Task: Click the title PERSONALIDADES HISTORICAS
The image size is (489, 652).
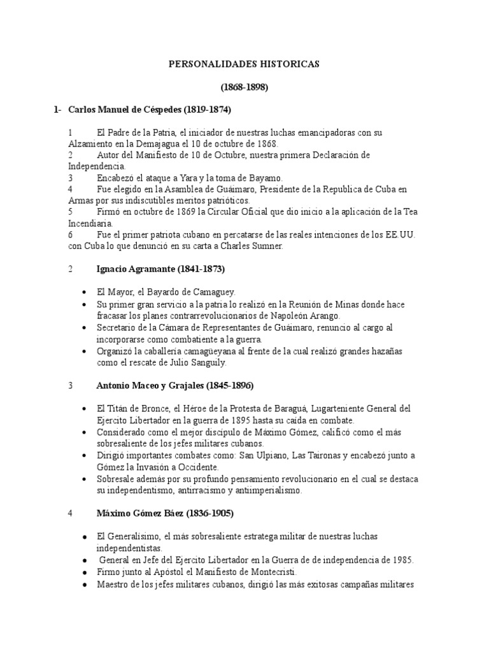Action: point(244,64)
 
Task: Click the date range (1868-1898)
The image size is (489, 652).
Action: point(244,87)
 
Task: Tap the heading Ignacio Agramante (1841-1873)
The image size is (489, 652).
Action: point(160,269)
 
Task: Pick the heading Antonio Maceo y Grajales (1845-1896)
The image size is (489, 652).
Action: point(176,385)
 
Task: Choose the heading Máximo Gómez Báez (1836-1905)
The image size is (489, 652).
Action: point(165,514)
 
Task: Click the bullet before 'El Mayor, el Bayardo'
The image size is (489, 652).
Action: point(84,292)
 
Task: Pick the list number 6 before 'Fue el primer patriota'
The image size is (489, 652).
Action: point(70,234)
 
